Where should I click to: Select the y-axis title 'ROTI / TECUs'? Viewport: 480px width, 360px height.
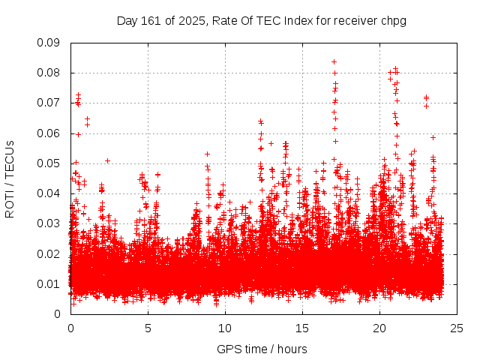10,178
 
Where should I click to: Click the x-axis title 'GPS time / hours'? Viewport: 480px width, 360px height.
262,349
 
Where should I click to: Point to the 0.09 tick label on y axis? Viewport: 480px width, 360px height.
49,43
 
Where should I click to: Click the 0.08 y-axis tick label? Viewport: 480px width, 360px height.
49,73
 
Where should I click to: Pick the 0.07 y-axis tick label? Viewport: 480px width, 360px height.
49,103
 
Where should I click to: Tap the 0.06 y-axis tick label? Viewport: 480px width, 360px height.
49,133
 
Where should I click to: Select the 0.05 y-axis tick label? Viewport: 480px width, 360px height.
49,163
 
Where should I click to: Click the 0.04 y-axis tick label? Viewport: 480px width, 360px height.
49,193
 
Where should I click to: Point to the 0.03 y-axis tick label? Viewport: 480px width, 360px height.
49,223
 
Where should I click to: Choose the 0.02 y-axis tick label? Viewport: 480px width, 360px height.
49,253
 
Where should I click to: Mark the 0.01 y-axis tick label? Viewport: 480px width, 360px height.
49,283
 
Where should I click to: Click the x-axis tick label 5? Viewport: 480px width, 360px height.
148,328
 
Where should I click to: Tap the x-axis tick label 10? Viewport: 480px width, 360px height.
225,328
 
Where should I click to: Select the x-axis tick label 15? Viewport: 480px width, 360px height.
302,328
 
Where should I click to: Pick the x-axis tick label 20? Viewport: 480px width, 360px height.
379,328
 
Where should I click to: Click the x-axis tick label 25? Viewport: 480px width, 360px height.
457,328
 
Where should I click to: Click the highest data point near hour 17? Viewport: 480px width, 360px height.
334,61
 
